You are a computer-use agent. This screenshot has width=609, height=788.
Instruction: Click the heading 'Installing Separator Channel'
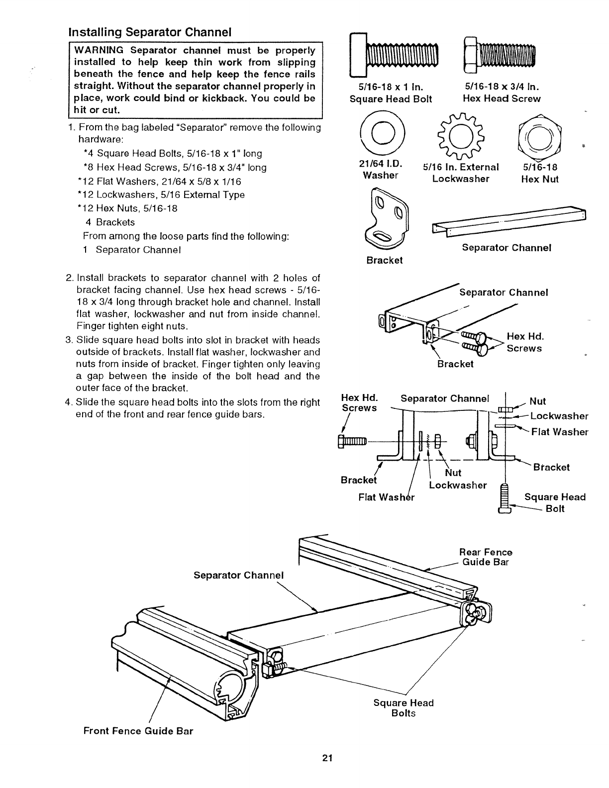pyautogui.click(x=150, y=32)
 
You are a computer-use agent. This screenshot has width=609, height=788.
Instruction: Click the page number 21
pyautogui.click(x=326, y=758)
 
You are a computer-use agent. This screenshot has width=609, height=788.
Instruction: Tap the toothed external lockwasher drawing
pyautogui.click(x=458, y=135)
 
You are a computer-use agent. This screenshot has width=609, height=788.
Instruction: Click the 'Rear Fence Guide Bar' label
pyautogui.click(x=485, y=557)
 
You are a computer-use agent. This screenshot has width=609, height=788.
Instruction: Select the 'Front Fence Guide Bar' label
pyautogui.click(x=138, y=731)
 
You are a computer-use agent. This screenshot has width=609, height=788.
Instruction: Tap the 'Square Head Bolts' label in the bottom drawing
pyautogui.click(x=404, y=708)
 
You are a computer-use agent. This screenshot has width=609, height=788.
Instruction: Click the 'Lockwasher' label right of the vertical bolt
pyautogui.click(x=559, y=416)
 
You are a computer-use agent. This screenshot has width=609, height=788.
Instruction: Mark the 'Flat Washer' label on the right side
pyautogui.click(x=560, y=432)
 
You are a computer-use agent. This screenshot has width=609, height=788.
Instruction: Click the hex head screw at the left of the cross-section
pyautogui.click(x=352, y=441)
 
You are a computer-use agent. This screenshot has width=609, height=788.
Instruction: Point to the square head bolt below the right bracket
pyautogui.click(x=505, y=497)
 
